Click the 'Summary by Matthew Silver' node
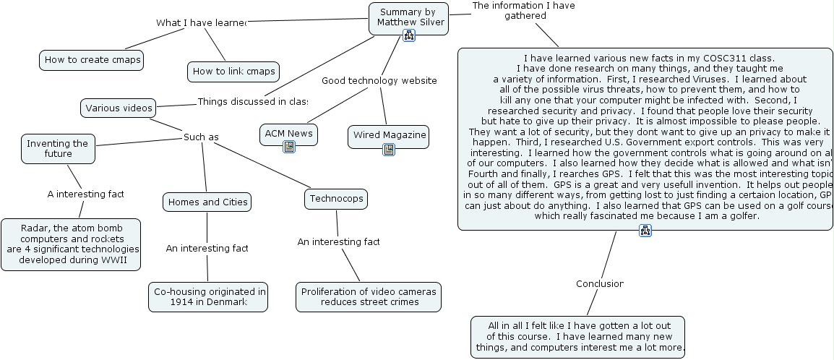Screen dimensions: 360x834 click(408, 17)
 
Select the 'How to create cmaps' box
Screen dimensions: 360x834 click(91, 60)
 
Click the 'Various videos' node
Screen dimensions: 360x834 click(119, 108)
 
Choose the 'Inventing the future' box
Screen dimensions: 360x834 click(58, 148)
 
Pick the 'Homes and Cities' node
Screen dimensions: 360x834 click(207, 202)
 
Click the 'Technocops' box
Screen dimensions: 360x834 click(336, 199)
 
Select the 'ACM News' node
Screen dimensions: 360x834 click(288, 133)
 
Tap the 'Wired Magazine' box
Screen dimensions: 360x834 click(389, 135)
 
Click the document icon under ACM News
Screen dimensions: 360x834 click(288, 147)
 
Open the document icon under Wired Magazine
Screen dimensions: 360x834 click(389, 150)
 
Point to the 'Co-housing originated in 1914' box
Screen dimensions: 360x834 click(208, 296)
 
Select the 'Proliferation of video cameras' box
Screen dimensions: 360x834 click(369, 296)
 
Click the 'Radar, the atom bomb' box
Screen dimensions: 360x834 click(71, 244)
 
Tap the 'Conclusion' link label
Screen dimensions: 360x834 click(599, 283)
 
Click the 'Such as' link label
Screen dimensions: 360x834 click(200, 137)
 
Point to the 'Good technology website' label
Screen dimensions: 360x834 click(379, 80)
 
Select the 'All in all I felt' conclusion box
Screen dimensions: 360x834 click(577, 337)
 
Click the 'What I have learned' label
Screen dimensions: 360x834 click(201, 22)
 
